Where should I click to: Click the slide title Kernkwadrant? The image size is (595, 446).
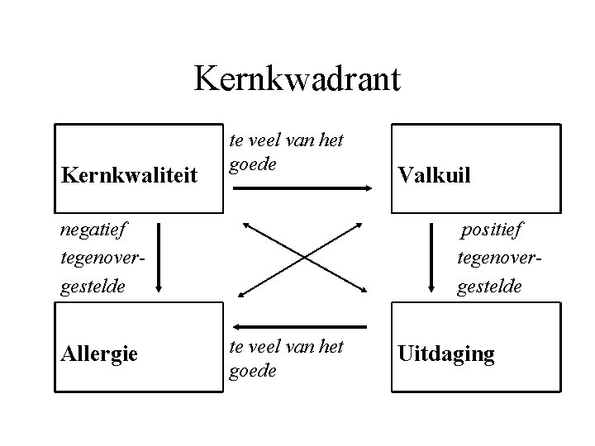297,80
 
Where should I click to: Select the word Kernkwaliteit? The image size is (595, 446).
129,175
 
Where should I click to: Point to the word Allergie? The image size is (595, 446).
100,354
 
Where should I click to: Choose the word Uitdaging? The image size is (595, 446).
446,354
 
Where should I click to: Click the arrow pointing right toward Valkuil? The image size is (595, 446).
302,188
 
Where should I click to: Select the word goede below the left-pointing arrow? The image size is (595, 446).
252,370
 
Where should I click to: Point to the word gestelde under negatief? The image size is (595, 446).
93,288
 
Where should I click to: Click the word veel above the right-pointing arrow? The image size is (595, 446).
264,140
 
